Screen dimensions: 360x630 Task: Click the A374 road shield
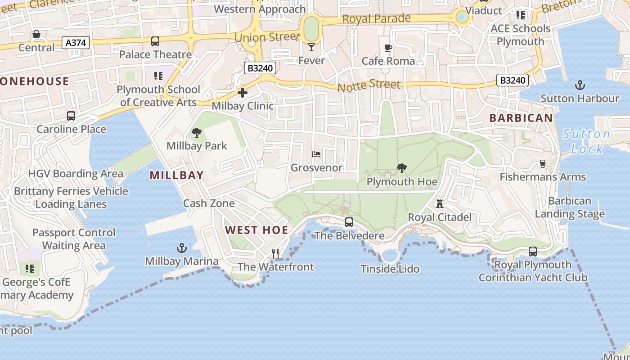(x=77, y=43)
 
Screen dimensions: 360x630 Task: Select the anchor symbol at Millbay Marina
(x=181, y=248)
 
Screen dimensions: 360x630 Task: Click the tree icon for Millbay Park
(x=196, y=132)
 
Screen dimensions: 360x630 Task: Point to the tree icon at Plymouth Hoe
(x=401, y=168)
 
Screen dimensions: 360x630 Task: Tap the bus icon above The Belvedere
(x=349, y=222)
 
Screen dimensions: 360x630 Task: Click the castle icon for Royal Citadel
(x=439, y=204)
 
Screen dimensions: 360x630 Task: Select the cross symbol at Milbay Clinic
(x=242, y=93)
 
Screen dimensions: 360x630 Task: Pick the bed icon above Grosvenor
(x=316, y=154)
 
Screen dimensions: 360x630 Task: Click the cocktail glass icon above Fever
(x=311, y=47)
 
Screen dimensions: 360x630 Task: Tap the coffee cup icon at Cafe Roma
(x=388, y=48)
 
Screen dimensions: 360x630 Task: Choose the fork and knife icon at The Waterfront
(x=275, y=254)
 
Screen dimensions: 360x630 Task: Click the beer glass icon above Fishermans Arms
(x=543, y=164)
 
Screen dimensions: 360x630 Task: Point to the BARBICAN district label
(x=521, y=118)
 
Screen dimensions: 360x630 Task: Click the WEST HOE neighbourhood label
(x=256, y=230)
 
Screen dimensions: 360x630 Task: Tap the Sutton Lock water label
(x=586, y=141)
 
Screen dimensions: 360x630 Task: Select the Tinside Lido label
(x=390, y=269)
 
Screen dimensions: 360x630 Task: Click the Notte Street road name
(x=369, y=85)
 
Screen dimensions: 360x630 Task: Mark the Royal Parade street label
(x=376, y=19)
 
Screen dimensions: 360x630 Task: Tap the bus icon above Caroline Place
(x=71, y=116)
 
